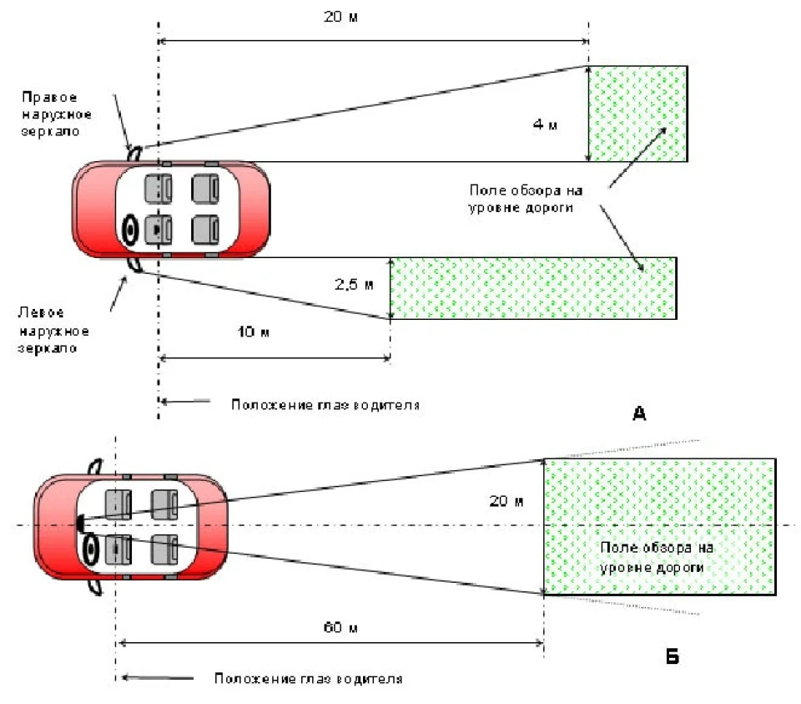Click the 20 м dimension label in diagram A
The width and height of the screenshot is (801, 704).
click(340, 17)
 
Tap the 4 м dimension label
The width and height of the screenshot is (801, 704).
click(545, 124)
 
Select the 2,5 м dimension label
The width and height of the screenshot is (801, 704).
click(354, 284)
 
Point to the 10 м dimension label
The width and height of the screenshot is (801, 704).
click(254, 332)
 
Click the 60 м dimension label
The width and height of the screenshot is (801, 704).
click(340, 627)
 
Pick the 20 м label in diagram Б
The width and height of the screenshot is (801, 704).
click(506, 501)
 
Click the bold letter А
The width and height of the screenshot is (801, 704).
click(640, 413)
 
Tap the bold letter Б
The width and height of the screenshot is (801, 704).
click(673, 656)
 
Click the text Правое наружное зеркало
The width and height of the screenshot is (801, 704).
click(56, 114)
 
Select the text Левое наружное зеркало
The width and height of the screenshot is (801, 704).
click(53, 330)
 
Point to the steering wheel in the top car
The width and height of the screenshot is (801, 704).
click(131, 230)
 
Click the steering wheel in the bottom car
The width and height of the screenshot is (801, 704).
click(91, 550)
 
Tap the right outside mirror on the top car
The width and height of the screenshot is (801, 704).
click(135, 153)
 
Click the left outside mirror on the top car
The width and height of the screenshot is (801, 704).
click(136, 265)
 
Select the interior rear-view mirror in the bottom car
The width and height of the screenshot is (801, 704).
click(80, 523)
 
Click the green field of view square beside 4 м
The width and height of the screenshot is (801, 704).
click(638, 114)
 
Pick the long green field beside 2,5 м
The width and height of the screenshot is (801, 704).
click(534, 288)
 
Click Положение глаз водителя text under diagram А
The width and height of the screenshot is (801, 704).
click(325, 405)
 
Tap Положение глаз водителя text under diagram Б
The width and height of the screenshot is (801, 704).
click(309, 678)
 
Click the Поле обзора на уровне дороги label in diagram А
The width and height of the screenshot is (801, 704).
click(526, 199)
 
